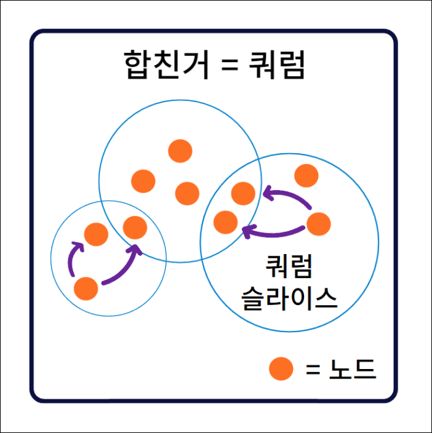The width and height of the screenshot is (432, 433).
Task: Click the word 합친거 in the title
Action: (166, 65)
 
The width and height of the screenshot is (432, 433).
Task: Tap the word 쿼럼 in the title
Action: (277, 65)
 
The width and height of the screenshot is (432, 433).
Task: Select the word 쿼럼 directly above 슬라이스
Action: (289, 266)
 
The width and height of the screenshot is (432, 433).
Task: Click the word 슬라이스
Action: (289, 298)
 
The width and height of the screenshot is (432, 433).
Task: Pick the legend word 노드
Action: (353, 369)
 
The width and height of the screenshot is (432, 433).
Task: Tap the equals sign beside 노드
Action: (313, 369)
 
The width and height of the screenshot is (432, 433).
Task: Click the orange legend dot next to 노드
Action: (281, 369)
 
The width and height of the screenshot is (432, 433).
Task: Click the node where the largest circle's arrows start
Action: (319, 224)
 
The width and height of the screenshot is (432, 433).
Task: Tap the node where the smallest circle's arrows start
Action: (86, 288)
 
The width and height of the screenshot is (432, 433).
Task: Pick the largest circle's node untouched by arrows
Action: (306, 176)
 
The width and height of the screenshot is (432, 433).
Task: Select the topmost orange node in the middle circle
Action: (180, 151)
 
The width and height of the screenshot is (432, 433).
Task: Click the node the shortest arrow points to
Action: (96, 234)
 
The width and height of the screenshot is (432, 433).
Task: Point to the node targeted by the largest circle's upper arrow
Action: (243, 194)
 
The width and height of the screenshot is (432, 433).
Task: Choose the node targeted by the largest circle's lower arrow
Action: (225, 222)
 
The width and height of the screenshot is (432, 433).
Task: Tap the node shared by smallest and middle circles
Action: (135, 228)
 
